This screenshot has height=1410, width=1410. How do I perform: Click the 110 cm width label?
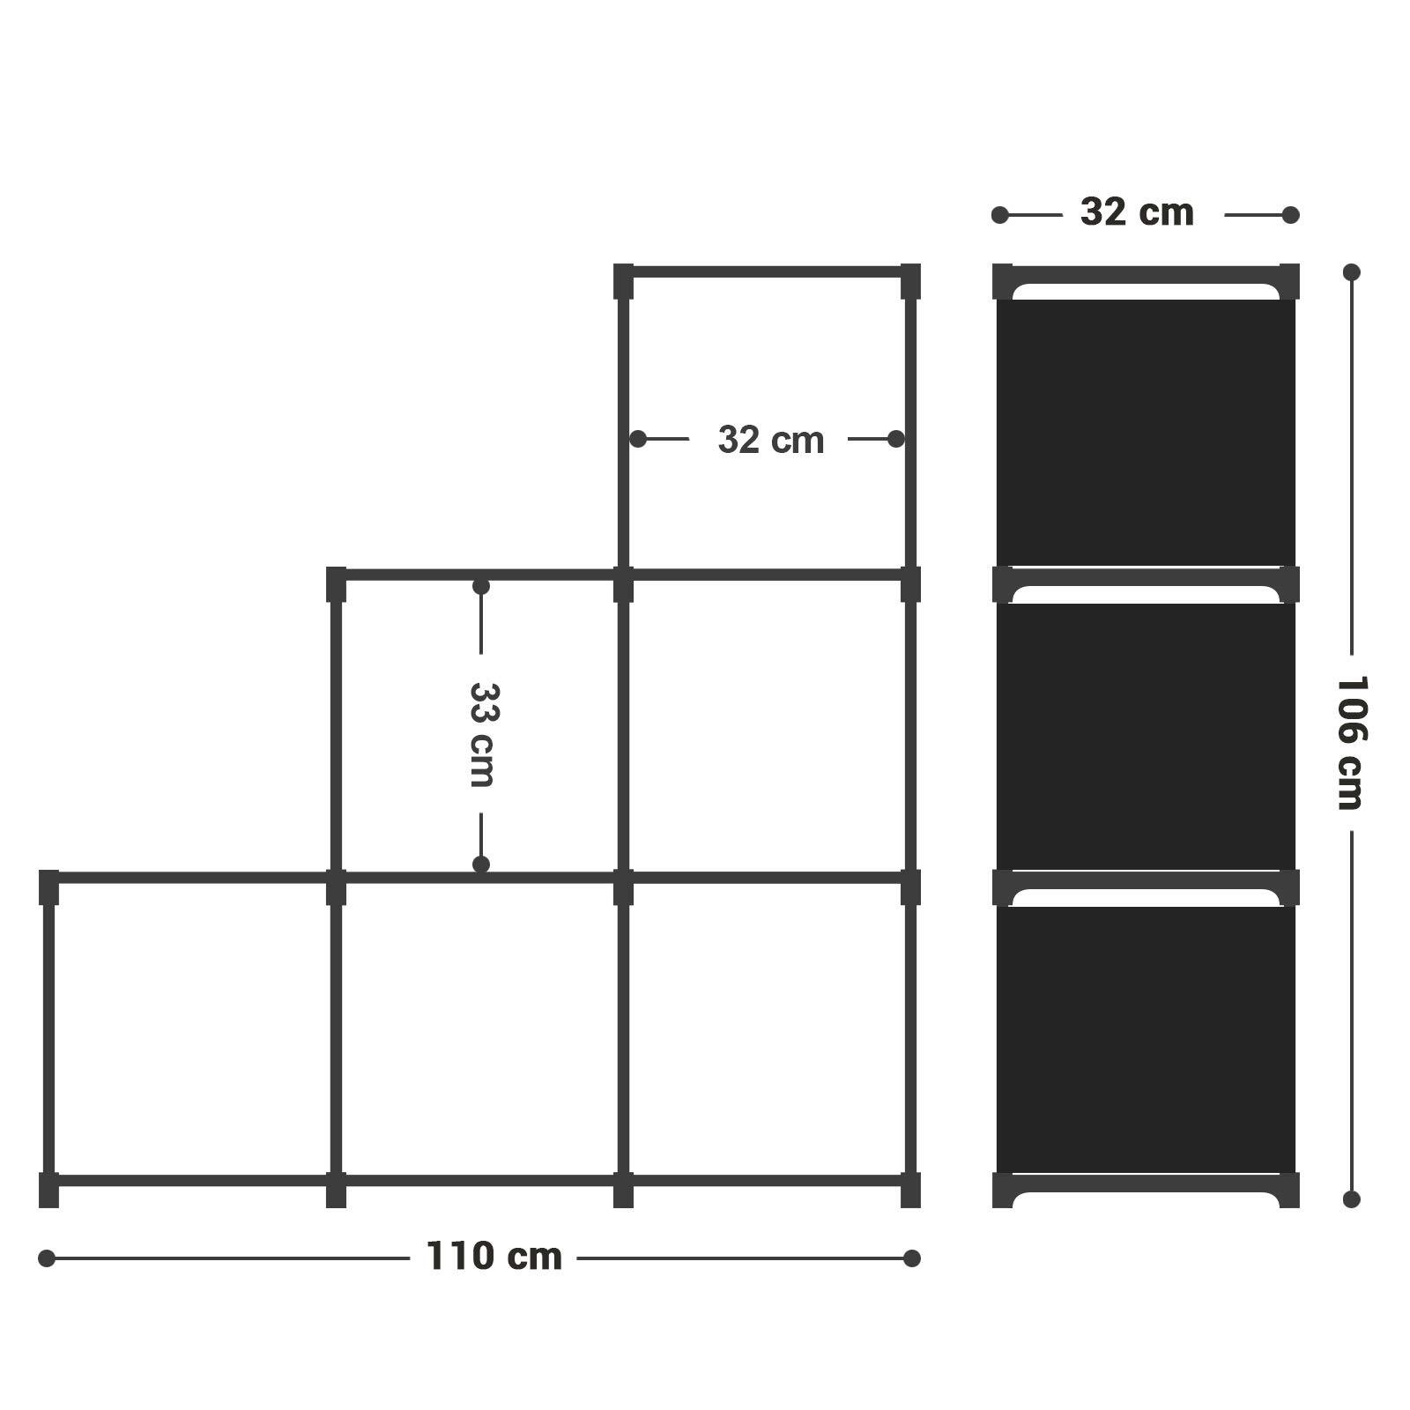click(493, 1257)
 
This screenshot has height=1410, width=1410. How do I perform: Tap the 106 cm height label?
click(1350, 743)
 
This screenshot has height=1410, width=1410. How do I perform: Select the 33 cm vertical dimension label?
click(482, 734)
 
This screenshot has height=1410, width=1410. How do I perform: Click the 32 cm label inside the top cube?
click(771, 440)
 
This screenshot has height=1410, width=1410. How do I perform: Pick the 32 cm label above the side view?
click(1137, 212)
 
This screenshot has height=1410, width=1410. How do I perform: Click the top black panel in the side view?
click(1146, 432)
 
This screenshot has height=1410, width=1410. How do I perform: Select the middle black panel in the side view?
click(1146, 736)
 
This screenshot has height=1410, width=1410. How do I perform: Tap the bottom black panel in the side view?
click(1146, 1040)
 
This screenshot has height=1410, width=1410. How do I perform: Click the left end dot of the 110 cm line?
click(47, 1258)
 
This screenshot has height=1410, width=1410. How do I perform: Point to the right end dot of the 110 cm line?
click(912, 1258)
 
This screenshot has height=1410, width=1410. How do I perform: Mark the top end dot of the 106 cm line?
click(1352, 272)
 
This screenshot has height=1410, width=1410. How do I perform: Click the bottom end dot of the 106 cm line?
click(1352, 1199)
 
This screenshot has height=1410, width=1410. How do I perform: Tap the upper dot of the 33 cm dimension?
click(481, 587)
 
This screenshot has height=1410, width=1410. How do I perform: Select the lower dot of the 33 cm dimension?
click(481, 865)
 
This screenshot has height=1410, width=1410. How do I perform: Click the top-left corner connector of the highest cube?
click(623, 281)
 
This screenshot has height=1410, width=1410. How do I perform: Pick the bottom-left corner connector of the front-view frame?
click(48, 1190)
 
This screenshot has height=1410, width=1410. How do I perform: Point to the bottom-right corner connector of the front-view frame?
click(910, 1190)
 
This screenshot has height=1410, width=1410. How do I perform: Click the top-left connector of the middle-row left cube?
click(336, 584)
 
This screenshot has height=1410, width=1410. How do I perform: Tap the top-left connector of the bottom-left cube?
click(48, 887)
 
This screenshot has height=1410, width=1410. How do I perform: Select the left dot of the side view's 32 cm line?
click(1000, 215)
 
